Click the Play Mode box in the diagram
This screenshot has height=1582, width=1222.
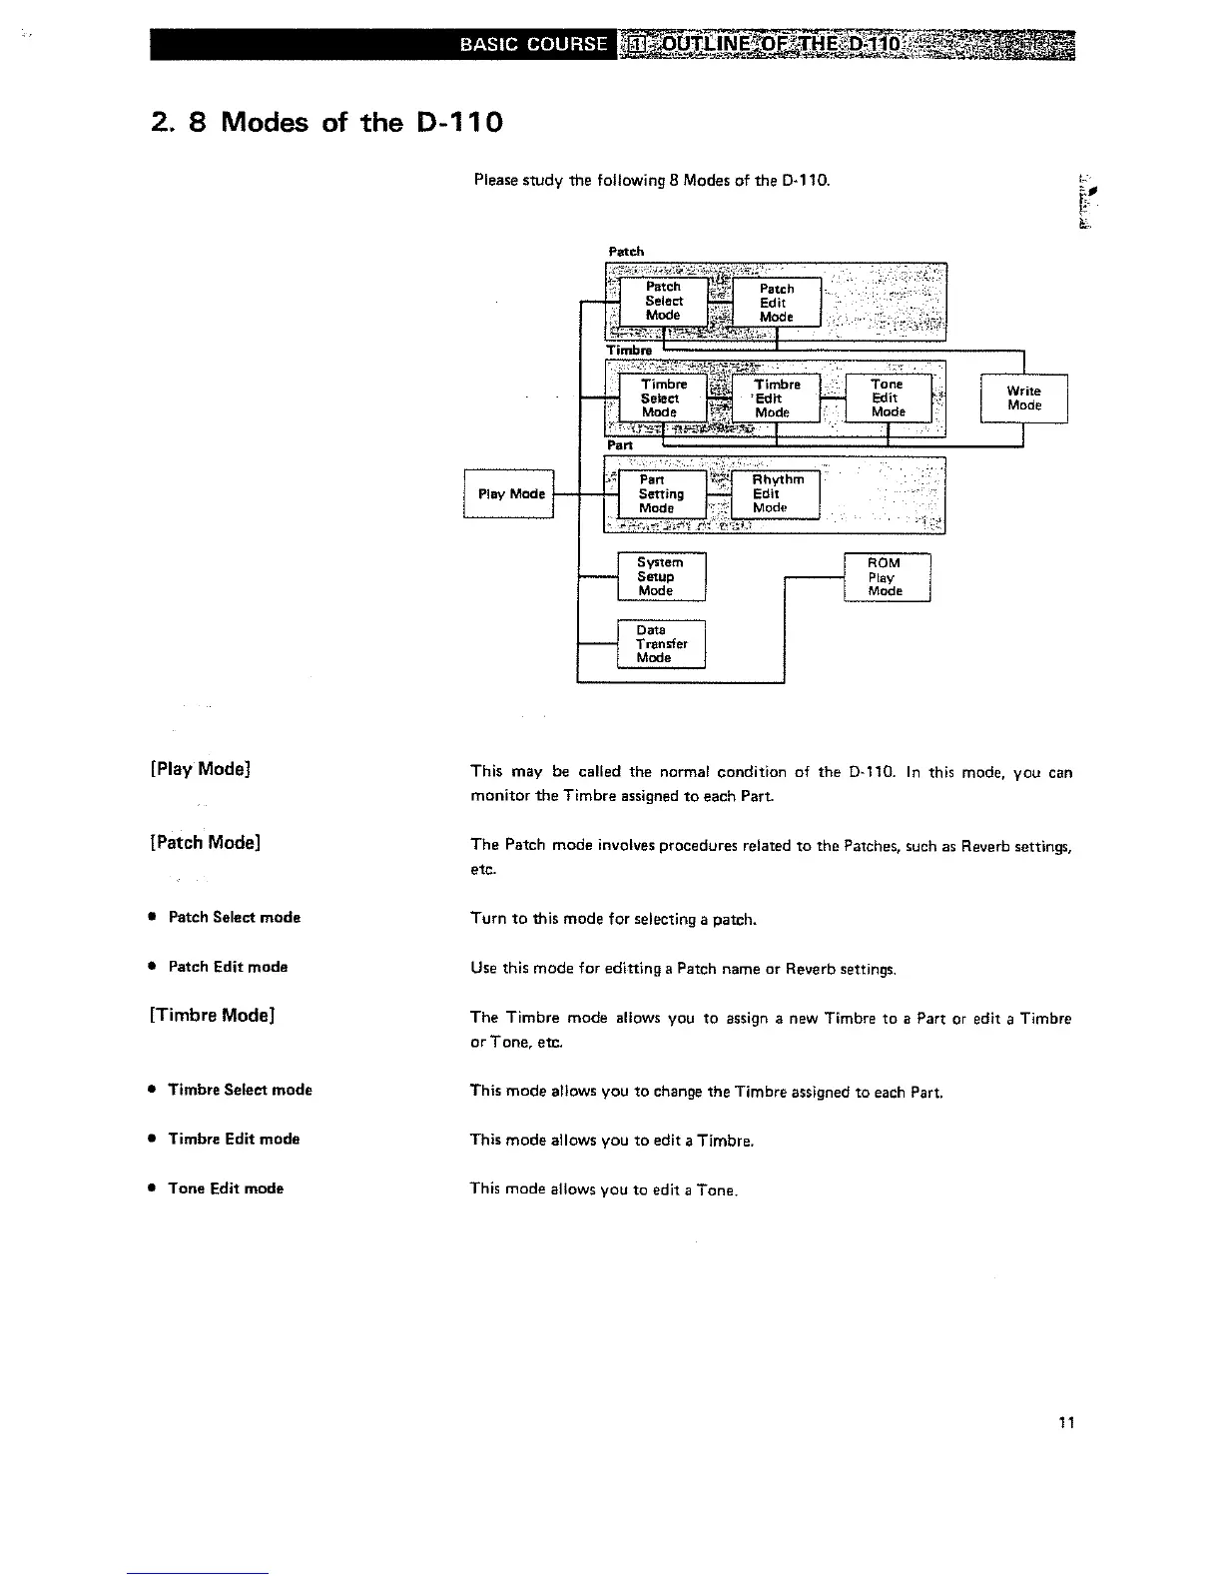509,494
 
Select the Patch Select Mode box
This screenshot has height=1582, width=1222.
663,301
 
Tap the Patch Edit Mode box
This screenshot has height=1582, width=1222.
776,303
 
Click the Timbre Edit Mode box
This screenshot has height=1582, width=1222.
776,398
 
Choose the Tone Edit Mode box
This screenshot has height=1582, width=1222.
888,398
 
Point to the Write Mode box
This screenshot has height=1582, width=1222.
1024,398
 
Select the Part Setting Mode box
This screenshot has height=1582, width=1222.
661,494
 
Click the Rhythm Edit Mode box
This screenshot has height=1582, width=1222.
776,494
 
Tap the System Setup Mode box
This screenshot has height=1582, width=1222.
660,577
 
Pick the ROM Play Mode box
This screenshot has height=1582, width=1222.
887,577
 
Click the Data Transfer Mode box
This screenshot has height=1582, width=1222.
660,644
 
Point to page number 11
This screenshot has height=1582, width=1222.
1066,1423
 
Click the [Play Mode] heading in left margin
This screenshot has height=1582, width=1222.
200,769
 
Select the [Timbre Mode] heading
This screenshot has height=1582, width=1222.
211,1016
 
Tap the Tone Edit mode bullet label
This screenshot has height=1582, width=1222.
226,1188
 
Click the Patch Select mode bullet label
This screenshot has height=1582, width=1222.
234,917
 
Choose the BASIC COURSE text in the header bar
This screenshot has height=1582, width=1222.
533,45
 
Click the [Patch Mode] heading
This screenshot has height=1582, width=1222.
205,843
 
